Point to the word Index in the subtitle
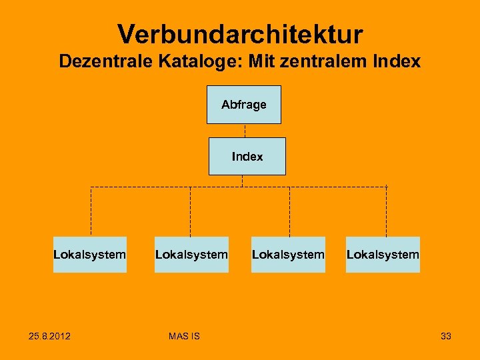click(x=397, y=62)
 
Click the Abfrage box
click(x=243, y=105)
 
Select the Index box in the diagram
click(x=247, y=157)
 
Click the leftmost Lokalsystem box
click(x=89, y=255)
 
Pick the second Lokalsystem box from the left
click(x=191, y=255)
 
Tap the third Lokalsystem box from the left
click(x=288, y=255)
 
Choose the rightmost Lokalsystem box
click(x=383, y=255)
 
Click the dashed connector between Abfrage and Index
click(x=245, y=131)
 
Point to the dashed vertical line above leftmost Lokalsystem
click(x=91, y=211)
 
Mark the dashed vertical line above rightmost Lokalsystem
click(x=387, y=211)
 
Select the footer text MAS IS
click(x=184, y=336)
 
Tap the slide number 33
click(x=445, y=336)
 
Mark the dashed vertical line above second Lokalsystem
click(x=190, y=211)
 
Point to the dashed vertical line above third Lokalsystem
click(x=289, y=211)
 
